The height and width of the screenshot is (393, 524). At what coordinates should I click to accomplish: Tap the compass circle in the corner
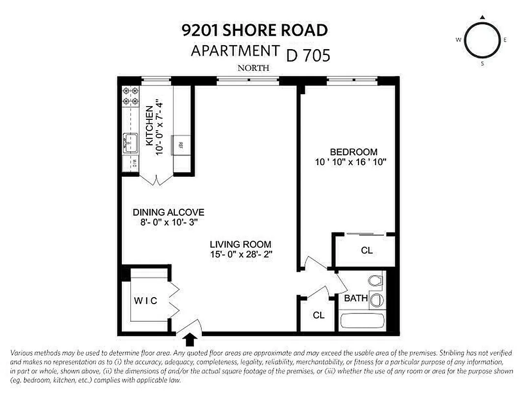coord(482,40)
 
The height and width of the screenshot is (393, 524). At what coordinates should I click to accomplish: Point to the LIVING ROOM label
coord(240,244)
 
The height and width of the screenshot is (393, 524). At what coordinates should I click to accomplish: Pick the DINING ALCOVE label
coord(168,212)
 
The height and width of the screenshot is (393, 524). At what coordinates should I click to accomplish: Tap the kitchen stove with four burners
coord(130,96)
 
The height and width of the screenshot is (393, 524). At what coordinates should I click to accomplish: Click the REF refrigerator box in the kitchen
coord(180,145)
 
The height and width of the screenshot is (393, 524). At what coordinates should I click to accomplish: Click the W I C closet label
coord(145,301)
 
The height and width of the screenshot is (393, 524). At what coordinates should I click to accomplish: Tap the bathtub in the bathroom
coord(363,322)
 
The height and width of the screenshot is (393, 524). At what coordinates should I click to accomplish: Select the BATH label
coord(356,298)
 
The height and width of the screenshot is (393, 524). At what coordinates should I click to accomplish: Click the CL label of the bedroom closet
coord(366,250)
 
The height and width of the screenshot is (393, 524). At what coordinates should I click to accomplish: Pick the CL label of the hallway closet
coord(319,315)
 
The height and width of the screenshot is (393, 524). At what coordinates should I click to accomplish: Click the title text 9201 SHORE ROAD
coord(254,30)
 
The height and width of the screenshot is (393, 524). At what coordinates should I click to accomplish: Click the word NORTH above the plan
coord(253,68)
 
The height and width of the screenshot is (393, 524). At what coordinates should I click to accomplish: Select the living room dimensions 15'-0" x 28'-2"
coord(240,254)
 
